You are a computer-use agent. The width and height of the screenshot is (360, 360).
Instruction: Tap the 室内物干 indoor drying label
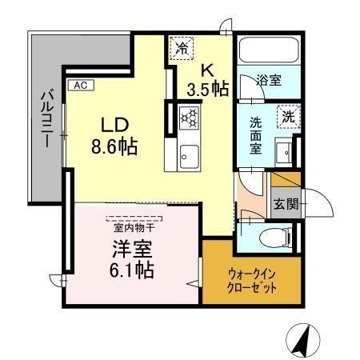pyautogui.click(x=133, y=226)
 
